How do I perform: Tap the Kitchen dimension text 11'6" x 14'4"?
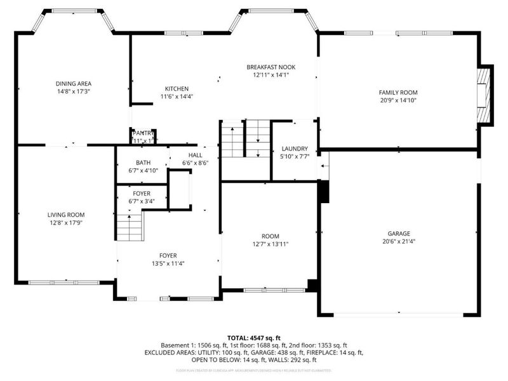point(177,97)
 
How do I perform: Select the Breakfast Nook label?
point(271,67)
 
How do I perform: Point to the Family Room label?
point(398,92)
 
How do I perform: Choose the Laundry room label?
point(294,149)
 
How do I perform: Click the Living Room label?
point(66,215)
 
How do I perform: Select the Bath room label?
point(143,163)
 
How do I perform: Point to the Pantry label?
point(144,133)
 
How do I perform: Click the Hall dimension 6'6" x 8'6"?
point(195,163)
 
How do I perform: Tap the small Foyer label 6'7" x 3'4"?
point(142,201)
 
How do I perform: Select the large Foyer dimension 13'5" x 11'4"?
point(168,264)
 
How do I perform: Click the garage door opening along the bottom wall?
point(398,314)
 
